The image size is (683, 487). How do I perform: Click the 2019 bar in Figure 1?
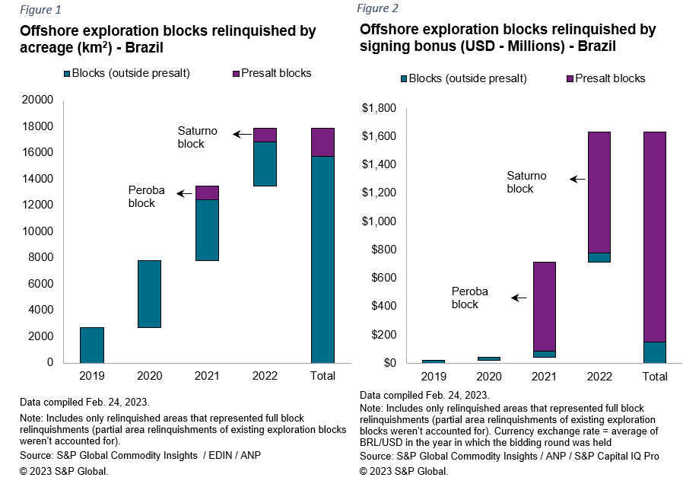click(92, 345)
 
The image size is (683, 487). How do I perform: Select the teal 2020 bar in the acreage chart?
click(149, 294)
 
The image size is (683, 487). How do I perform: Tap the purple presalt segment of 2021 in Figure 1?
click(206, 193)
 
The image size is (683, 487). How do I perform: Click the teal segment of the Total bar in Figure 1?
click(322, 259)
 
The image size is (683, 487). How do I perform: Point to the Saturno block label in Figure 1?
click(197, 137)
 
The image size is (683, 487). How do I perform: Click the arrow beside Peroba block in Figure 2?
click(519, 298)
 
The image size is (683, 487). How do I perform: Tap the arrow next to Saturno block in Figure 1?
click(243, 135)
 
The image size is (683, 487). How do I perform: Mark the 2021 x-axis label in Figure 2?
click(543, 376)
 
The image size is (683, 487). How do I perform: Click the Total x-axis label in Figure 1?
click(322, 375)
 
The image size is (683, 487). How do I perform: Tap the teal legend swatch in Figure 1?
click(67, 74)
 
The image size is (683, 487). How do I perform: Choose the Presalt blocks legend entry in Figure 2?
click(605, 78)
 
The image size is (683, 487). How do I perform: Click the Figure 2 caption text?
click(377, 8)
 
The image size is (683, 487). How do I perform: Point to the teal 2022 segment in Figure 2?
click(599, 257)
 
